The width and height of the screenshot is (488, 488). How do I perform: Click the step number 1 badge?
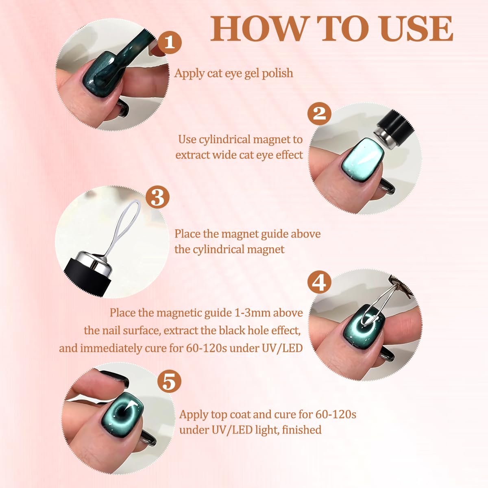coord(170,42)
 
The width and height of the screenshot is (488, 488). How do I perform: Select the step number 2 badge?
coord(319,113)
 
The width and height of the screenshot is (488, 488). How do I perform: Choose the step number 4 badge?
coord(319,282)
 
